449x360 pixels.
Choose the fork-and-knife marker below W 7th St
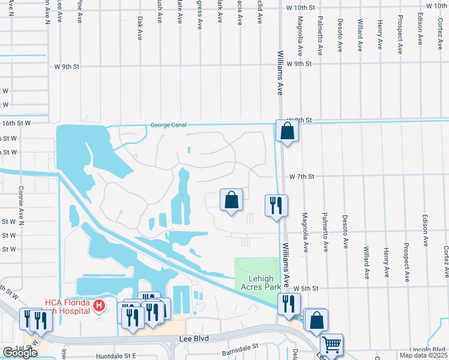[276, 205]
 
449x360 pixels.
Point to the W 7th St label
[302, 177]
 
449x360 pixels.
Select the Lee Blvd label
[194, 339]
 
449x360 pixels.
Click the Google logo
[20, 353]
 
